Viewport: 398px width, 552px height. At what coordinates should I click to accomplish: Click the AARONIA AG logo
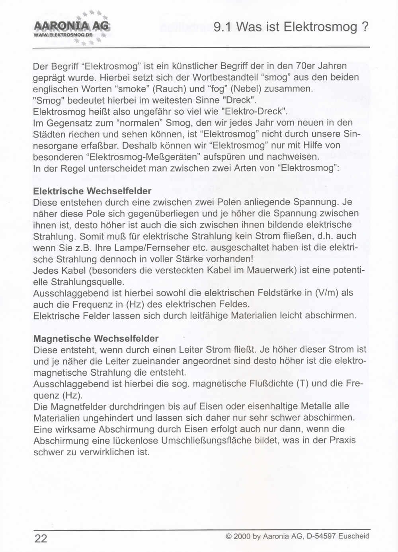coord(72,26)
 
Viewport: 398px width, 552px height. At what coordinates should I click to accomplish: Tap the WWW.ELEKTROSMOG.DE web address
coord(64,35)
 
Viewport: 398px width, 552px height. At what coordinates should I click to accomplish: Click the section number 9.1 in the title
coord(222,27)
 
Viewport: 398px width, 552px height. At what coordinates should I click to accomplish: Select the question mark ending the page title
coord(365,27)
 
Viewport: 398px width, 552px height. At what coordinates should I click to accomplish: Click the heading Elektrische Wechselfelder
coord(92,191)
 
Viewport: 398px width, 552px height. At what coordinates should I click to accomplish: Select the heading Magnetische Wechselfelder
coord(96,339)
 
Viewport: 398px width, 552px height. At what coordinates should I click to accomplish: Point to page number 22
coord(41,538)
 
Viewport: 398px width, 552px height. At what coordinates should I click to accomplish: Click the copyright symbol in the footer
coord(228,536)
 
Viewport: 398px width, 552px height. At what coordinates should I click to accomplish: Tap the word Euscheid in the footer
coord(354,536)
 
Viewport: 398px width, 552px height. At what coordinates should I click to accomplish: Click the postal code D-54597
coord(321,536)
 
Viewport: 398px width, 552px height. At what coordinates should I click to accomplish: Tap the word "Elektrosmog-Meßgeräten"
coord(145,156)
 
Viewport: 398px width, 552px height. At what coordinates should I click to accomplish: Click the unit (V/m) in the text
coord(327,293)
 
